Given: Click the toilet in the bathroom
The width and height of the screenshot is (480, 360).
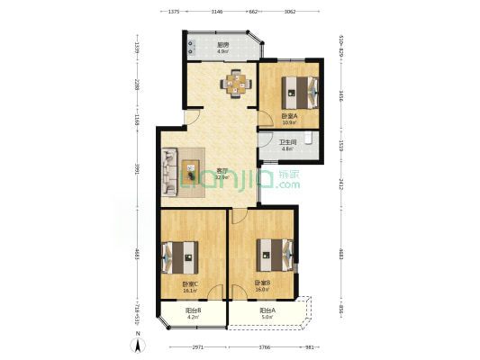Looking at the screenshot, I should [309, 139].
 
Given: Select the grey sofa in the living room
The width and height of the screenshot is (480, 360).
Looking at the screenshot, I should [169, 173].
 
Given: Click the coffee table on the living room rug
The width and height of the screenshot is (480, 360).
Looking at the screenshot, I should [191, 171].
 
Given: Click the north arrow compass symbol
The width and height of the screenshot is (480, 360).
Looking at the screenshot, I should [137, 342].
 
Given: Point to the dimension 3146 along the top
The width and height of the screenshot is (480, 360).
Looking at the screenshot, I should [217, 12].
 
